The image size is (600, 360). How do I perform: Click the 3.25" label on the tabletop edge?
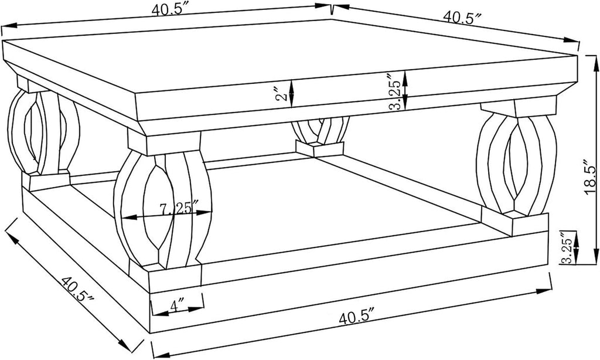pyautogui.click(x=395, y=92)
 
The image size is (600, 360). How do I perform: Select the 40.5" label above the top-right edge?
pyautogui.click(x=462, y=17)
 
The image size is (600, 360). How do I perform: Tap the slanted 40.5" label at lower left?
pyautogui.click(x=77, y=289)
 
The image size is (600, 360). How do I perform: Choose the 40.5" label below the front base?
pyautogui.click(x=356, y=317)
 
